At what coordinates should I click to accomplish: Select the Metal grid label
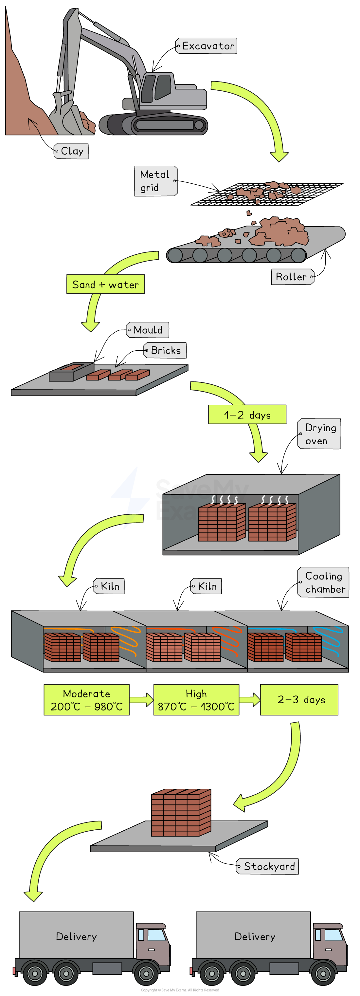(x=155, y=181)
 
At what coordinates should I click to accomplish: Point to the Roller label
(x=292, y=277)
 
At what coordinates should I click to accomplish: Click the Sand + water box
(x=105, y=285)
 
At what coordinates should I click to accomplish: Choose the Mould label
(x=148, y=330)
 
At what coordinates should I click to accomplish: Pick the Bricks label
(x=165, y=350)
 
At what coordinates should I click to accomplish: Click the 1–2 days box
(x=247, y=415)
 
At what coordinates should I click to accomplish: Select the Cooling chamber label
(x=323, y=582)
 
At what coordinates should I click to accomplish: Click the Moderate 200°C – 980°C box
(x=86, y=700)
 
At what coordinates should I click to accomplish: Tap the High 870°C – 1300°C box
(x=196, y=700)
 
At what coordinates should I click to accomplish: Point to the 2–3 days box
(x=299, y=700)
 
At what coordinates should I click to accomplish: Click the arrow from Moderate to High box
(x=141, y=700)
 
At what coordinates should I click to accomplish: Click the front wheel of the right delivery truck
(x=323, y=974)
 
